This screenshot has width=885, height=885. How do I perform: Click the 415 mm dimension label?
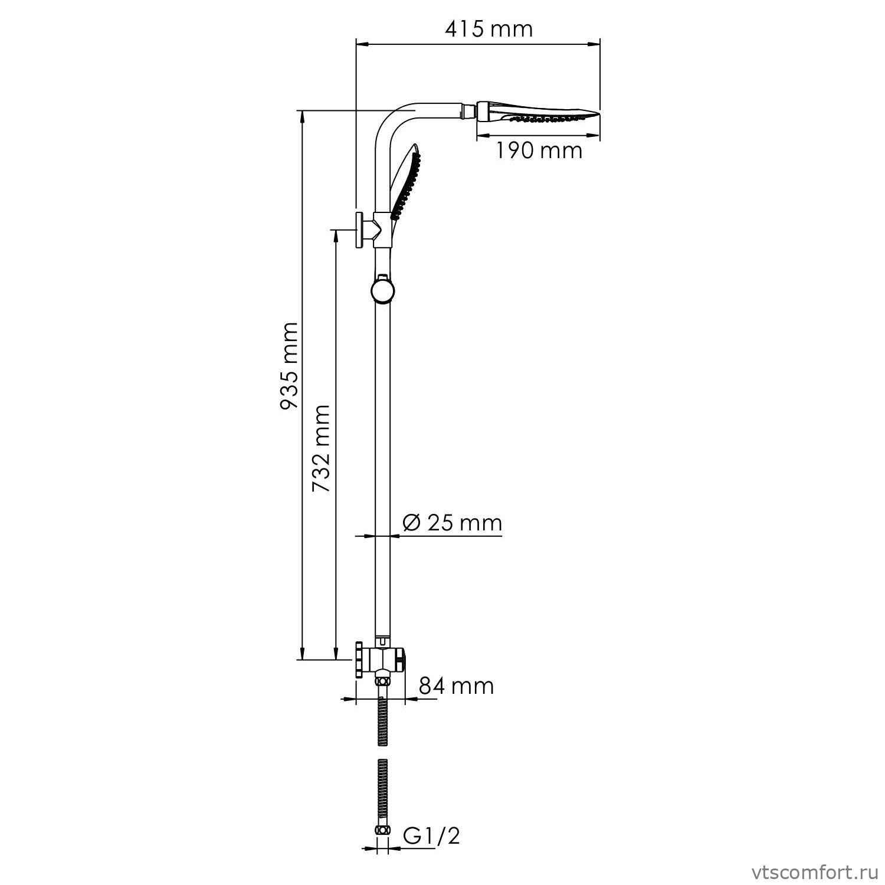tap(489, 28)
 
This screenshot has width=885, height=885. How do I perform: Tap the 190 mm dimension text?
tap(537, 150)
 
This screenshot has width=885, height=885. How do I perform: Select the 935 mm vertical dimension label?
tap(289, 366)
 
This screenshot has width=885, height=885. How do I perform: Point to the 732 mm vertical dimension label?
tap(322, 448)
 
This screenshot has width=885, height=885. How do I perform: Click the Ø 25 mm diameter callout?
tap(452, 523)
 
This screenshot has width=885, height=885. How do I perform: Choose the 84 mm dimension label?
tap(456, 686)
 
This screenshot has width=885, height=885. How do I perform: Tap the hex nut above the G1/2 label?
tap(383, 830)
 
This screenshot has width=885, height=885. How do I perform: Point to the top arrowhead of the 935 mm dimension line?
tap(302, 116)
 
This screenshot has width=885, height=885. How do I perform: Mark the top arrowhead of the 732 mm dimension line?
tap(336, 235)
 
